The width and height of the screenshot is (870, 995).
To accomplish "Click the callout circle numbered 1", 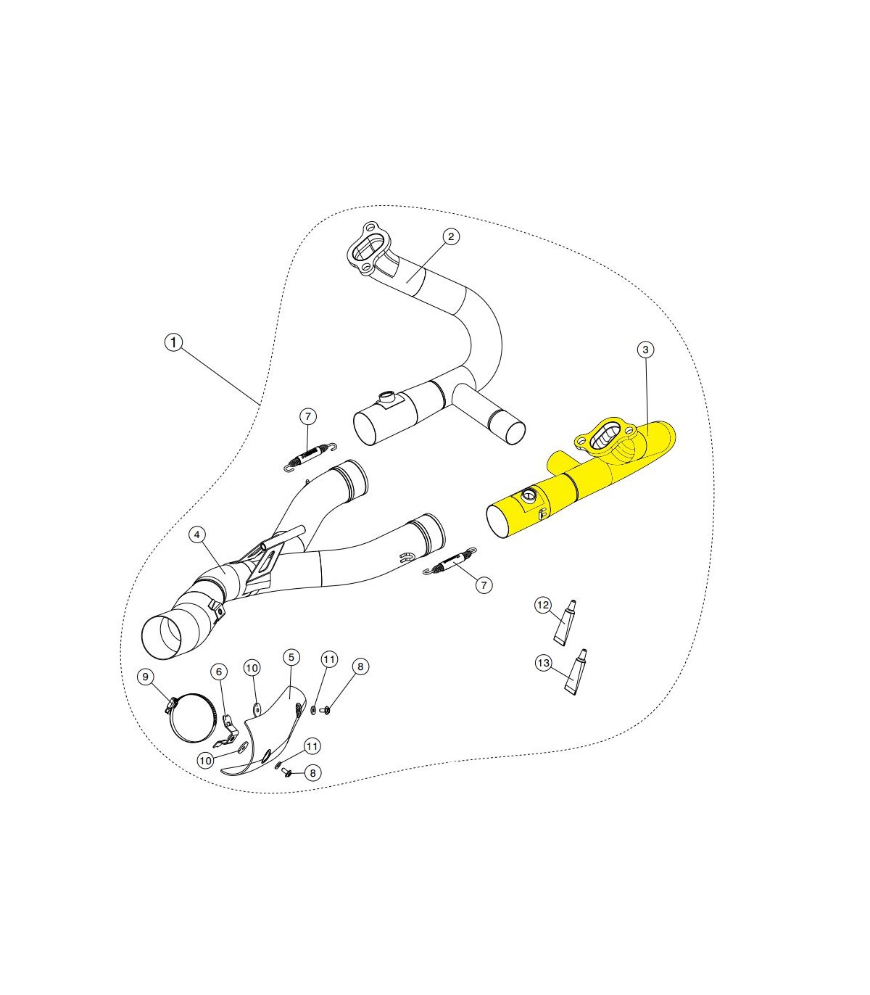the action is (x=173, y=342).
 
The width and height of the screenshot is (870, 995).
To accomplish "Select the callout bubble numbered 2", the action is (x=451, y=237).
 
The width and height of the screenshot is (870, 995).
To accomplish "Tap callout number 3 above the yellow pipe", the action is (x=645, y=350).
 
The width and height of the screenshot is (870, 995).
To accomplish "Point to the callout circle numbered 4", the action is (x=197, y=535).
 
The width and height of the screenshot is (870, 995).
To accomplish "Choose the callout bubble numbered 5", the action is (x=291, y=658).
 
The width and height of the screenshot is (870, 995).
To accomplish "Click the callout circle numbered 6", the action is (x=219, y=672).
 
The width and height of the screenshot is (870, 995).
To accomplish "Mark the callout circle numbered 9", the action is (x=145, y=677).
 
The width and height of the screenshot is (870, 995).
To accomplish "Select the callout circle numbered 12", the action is (x=543, y=605).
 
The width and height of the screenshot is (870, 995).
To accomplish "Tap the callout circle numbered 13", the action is (x=543, y=663).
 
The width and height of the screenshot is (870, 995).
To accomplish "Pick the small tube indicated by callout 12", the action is (x=565, y=623).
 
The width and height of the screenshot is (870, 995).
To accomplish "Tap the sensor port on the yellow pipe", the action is (x=528, y=496).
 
